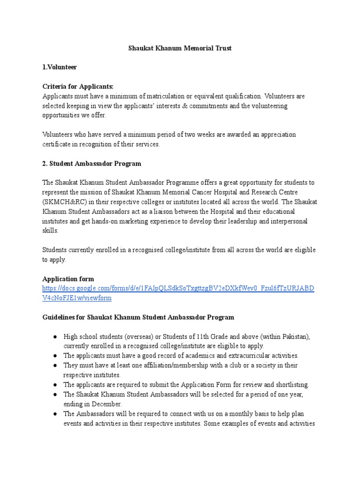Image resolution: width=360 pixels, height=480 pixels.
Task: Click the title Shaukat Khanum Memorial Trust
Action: pos(180,48)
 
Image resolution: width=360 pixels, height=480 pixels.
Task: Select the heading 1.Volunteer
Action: pos(60,67)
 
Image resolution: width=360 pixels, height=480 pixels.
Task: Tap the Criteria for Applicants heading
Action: pos(78,86)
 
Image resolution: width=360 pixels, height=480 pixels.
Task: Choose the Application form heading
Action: pos(68,279)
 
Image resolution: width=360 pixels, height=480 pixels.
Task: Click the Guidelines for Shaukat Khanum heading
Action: pos(138,317)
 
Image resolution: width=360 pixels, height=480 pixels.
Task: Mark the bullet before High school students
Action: pos(55,337)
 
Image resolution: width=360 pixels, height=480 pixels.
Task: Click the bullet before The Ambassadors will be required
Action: pos(55,413)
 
